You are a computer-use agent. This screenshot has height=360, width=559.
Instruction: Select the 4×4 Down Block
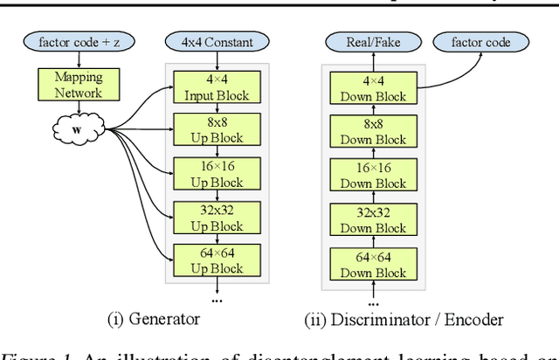pos(373,87)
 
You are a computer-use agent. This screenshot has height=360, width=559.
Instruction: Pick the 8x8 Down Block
pos(373,131)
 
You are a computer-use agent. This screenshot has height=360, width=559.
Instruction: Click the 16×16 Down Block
pos(373,175)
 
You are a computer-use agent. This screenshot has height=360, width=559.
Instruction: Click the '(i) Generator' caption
pos(153,319)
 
